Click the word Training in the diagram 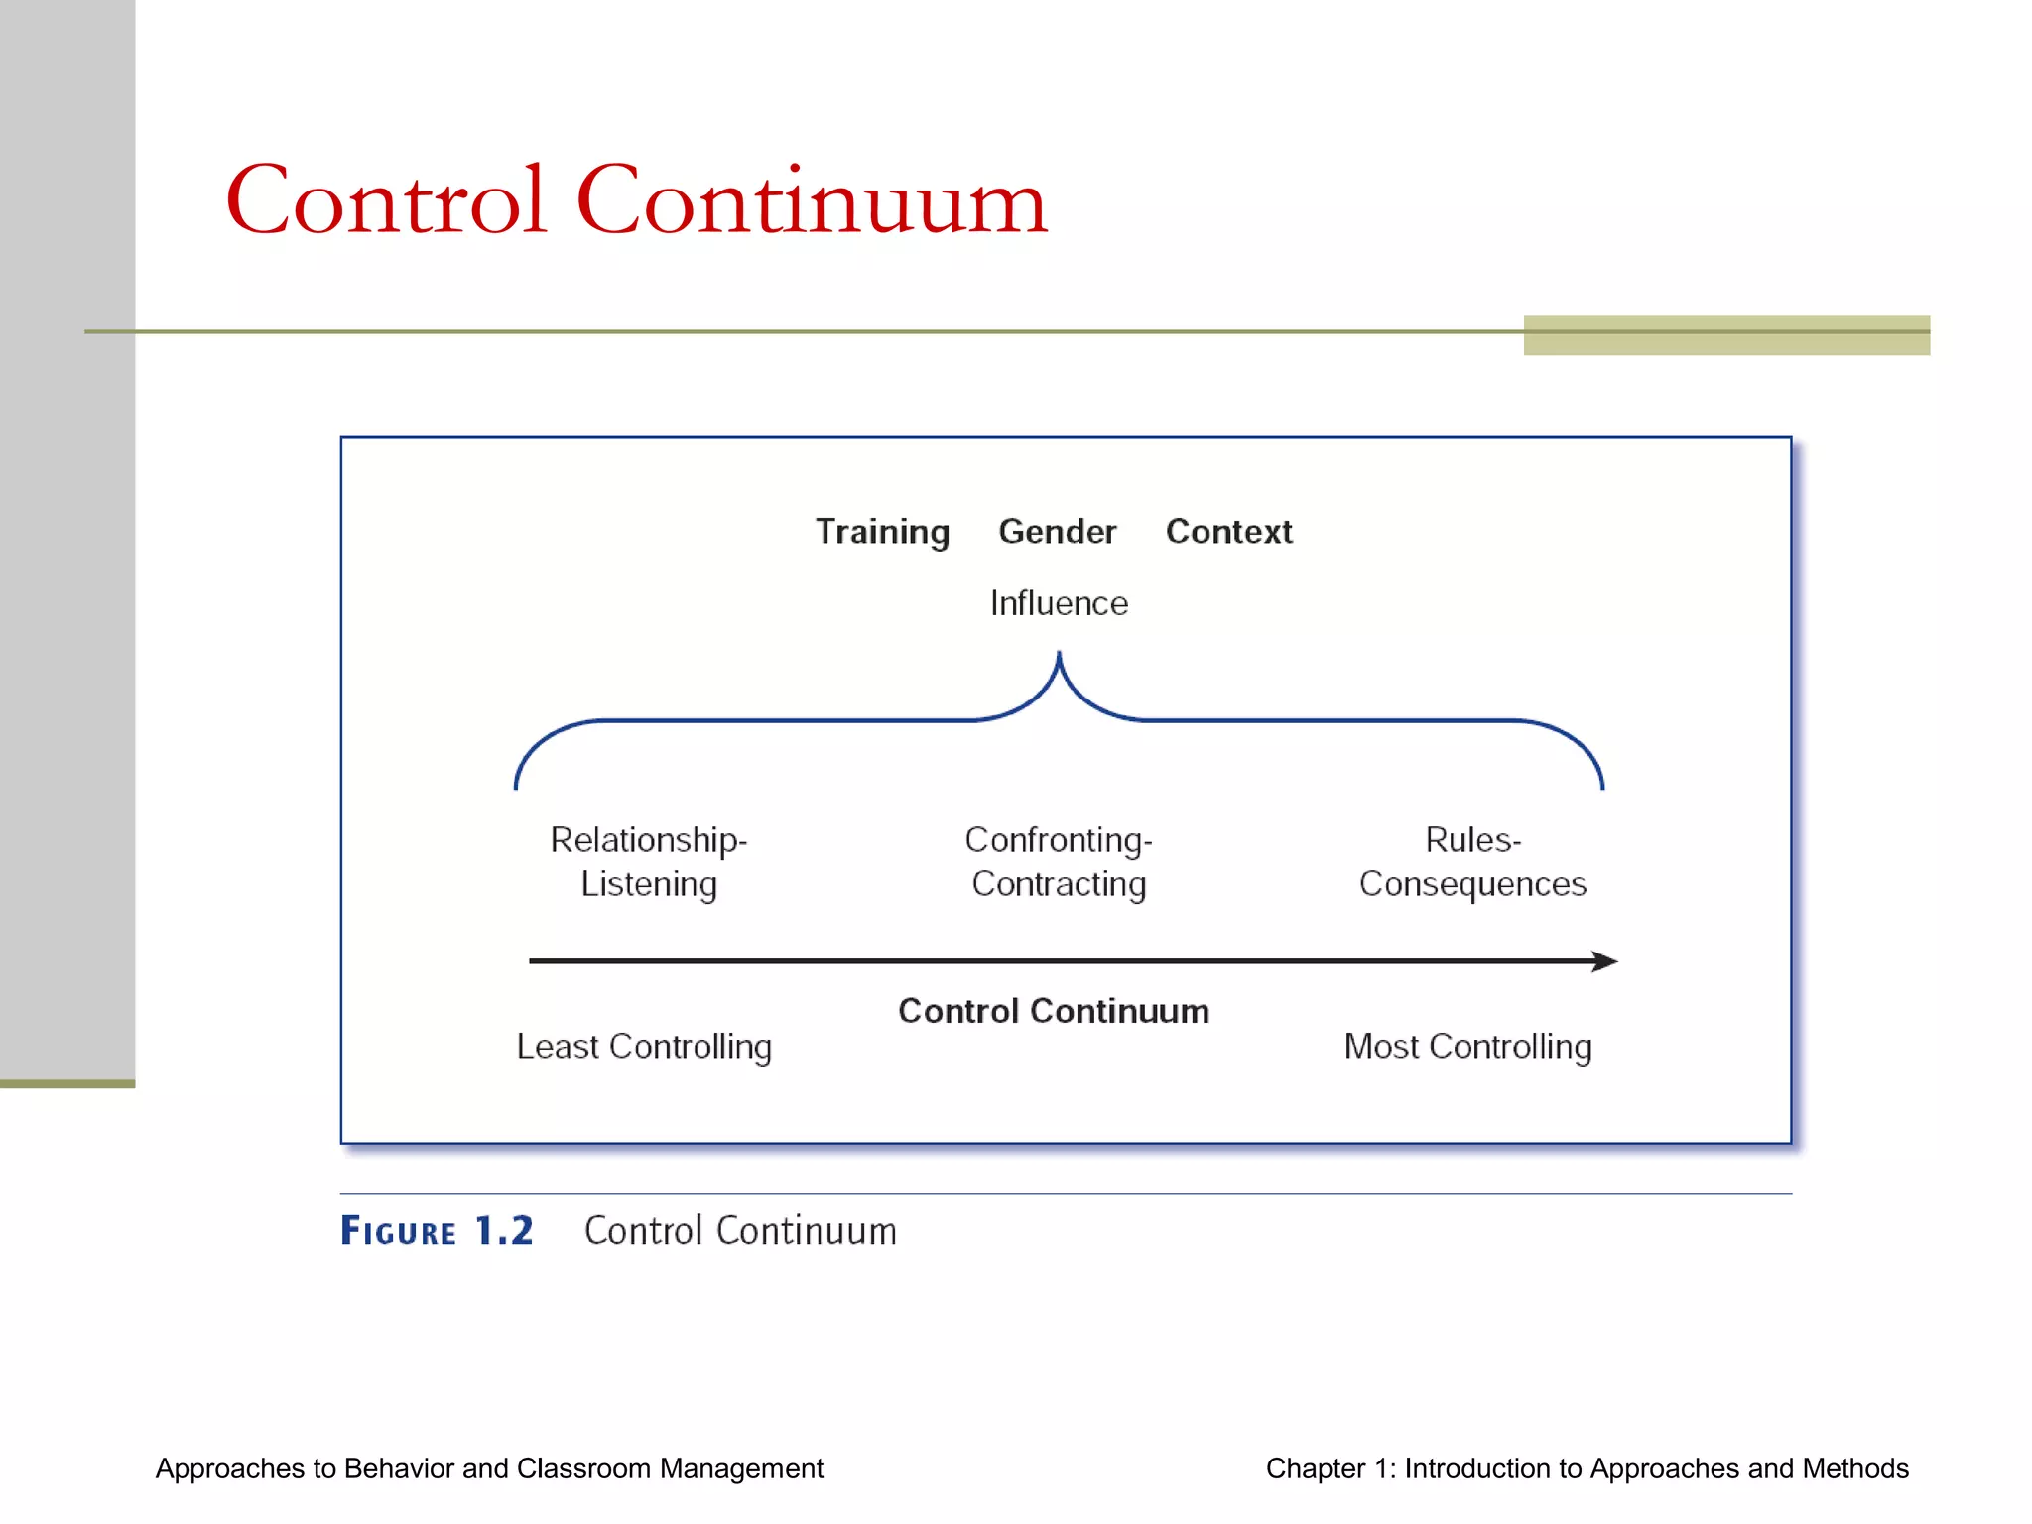(x=882, y=532)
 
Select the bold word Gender (x=1057, y=532)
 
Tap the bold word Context (x=1228, y=532)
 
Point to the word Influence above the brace (x=1059, y=603)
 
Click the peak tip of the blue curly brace (x=1059, y=656)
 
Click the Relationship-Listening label (x=649, y=861)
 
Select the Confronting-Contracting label (x=1059, y=861)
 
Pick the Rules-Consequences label (x=1472, y=861)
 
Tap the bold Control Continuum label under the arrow (x=1053, y=1011)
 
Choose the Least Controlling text (x=644, y=1047)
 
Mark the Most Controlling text (x=1467, y=1047)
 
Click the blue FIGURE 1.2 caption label (x=437, y=1231)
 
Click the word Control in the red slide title (x=387, y=201)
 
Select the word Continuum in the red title (x=811, y=201)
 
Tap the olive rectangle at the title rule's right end (x=1726, y=335)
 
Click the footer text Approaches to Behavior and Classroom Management (x=489, y=1468)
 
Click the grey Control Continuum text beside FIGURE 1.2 (x=740, y=1231)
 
